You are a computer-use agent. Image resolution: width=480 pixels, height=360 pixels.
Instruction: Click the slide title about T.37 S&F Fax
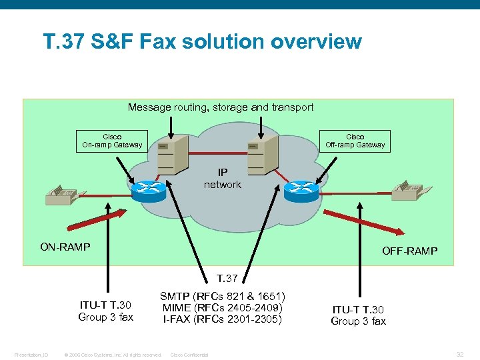(x=202, y=42)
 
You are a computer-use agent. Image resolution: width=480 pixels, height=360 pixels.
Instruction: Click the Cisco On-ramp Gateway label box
(x=112, y=141)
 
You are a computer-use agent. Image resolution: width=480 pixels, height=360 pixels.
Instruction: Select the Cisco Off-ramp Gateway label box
(x=355, y=141)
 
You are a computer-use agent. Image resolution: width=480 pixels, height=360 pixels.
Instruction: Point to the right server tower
(x=257, y=154)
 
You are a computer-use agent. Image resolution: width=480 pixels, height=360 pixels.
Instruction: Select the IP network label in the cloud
(x=222, y=179)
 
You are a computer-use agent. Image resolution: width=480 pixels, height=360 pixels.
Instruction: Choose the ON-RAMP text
(x=65, y=247)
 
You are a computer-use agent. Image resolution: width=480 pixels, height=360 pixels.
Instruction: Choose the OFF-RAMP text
(x=409, y=251)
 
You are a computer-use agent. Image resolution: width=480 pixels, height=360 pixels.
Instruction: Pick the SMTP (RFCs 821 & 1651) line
(x=223, y=296)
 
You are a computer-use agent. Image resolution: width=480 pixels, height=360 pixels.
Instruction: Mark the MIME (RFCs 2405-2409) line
(x=223, y=307)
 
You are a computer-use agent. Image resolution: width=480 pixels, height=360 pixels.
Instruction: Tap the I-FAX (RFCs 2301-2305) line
(x=223, y=319)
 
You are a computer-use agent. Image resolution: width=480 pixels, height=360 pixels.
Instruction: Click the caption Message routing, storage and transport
(x=221, y=107)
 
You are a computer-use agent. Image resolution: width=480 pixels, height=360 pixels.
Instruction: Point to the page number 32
(x=460, y=354)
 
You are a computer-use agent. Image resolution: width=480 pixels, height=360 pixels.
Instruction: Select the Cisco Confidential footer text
(x=190, y=355)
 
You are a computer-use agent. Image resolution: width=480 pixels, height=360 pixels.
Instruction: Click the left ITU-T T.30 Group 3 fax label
(x=106, y=311)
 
